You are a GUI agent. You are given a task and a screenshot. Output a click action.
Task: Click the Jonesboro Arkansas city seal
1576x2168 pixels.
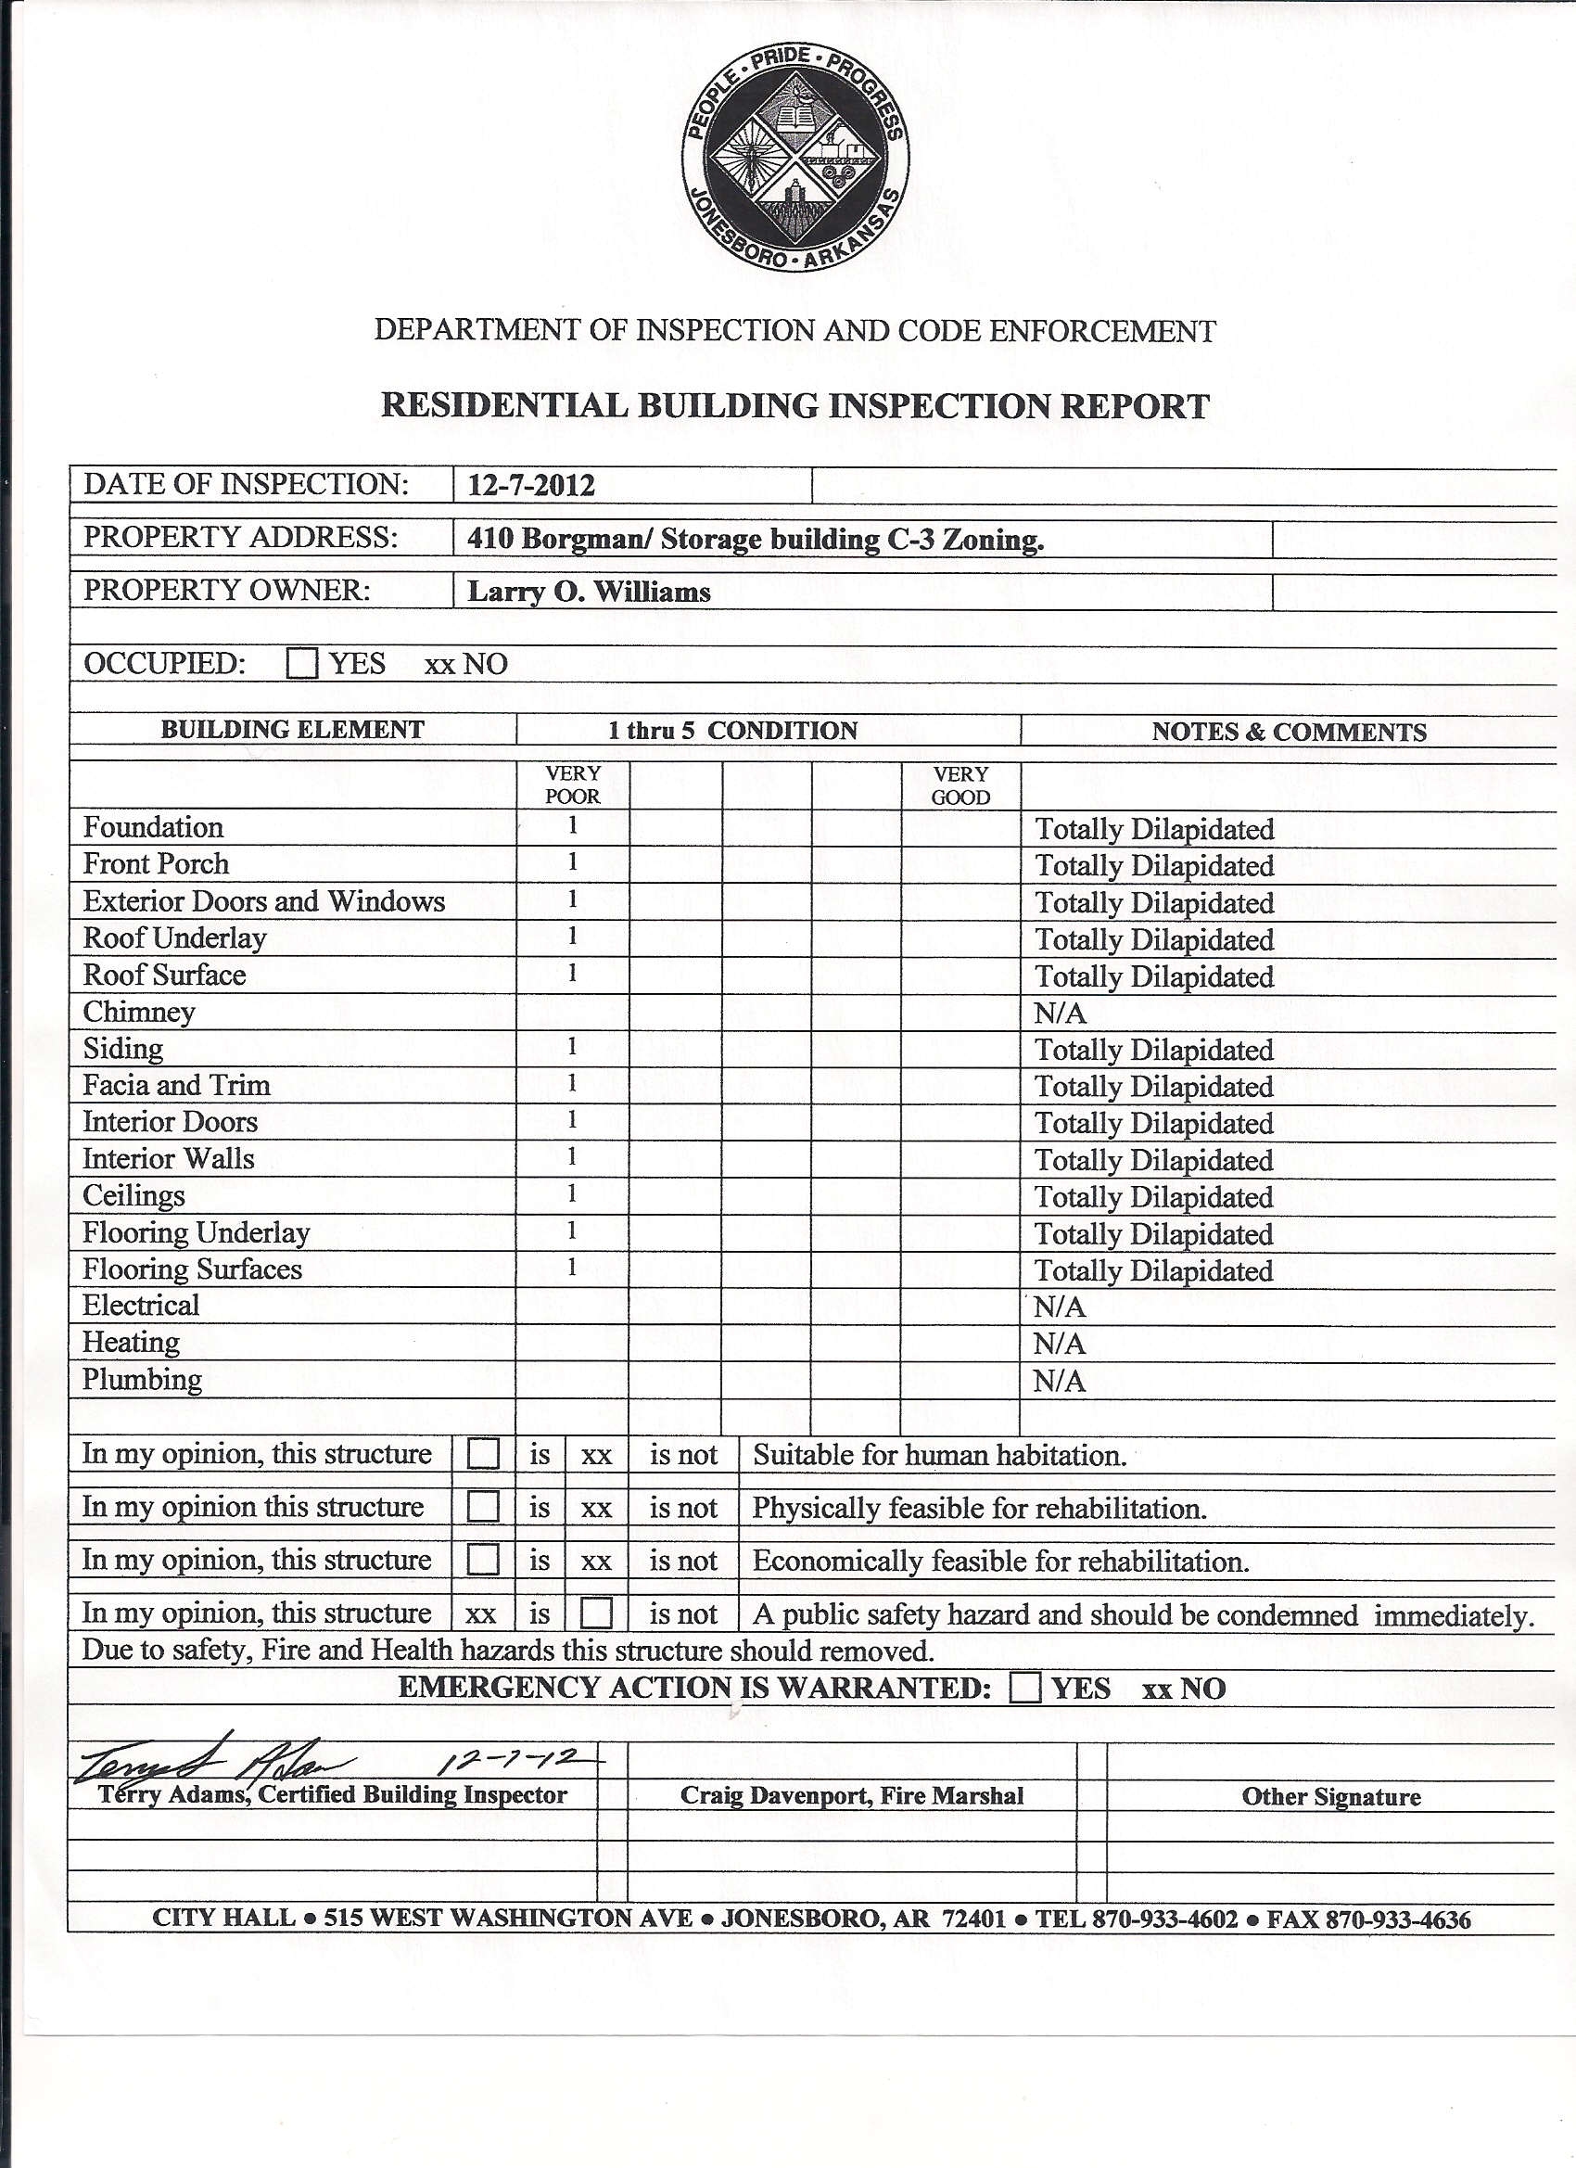click(x=795, y=157)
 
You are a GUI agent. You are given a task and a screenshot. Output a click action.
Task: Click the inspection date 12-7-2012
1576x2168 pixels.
click(x=530, y=486)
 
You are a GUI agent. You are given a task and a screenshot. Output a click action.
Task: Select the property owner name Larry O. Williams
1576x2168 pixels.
click(x=589, y=593)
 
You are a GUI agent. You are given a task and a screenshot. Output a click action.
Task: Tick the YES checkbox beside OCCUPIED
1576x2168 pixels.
click(x=302, y=663)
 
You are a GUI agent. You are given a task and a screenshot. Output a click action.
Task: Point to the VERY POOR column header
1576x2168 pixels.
click(x=573, y=784)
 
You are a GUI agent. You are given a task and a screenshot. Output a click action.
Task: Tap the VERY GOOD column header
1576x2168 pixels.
click(x=960, y=785)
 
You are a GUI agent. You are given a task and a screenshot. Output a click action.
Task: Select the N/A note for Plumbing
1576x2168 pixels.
click(x=1059, y=1382)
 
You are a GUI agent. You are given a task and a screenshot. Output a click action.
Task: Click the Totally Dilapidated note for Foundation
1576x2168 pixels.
click(x=1154, y=829)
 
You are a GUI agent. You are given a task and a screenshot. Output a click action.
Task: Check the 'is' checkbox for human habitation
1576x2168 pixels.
click(x=484, y=1455)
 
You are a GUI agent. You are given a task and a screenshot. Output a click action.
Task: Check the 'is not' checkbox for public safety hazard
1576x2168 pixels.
click(x=596, y=1613)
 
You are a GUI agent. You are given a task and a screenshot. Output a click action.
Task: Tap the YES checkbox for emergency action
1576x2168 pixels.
click(x=1024, y=1689)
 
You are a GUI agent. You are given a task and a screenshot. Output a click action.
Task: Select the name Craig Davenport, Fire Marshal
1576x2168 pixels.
click(x=852, y=1796)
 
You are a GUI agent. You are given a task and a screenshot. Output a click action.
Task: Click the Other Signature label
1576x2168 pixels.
click(x=1330, y=1797)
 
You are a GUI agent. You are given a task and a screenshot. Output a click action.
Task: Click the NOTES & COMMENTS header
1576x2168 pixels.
click(x=1289, y=733)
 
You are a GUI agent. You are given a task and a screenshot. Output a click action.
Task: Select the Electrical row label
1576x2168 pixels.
click(x=141, y=1306)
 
